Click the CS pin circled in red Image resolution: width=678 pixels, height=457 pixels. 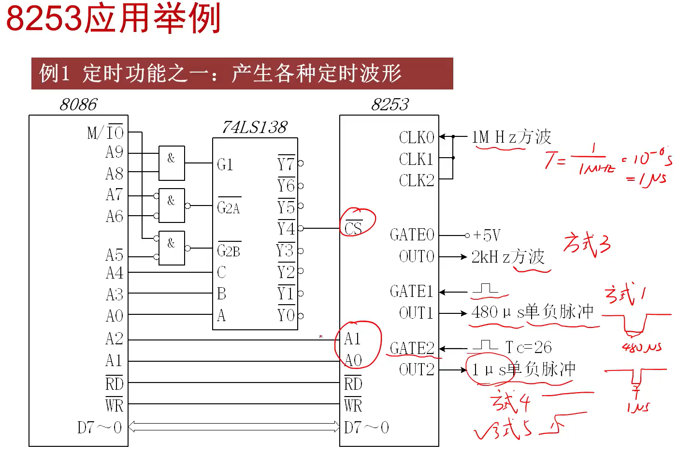coord(353,227)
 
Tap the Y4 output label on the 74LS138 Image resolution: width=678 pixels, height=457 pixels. coord(286,228)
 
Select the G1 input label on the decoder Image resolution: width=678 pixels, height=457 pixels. coord(225,164)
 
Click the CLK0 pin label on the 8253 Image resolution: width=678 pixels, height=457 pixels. coord(417,137)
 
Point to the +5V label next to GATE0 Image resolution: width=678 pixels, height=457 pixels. coord(487,236)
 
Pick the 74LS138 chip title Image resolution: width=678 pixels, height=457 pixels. coord(255,127)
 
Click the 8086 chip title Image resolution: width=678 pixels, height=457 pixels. coord(78,104)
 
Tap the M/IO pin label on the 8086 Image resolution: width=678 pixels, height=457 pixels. coord(105,133)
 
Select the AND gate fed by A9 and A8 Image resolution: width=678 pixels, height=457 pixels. coord(172,163)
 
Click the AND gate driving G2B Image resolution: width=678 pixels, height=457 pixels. coord(172,248)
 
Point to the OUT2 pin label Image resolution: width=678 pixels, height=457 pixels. coord(417,369)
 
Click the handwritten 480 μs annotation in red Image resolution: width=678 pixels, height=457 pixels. coord(641,347)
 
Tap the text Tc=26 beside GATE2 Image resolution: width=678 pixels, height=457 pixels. coord(529,347)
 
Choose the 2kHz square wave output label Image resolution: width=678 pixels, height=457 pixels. coord(508,257)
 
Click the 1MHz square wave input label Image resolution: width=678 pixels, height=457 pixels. coord(511,137)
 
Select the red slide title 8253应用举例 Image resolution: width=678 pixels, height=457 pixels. coord(114,18)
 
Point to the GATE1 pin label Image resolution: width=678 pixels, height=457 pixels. coord(412,291)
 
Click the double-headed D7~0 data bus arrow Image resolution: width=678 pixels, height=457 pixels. coord(234,427)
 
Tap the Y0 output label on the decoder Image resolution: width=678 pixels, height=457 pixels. coord(286,315)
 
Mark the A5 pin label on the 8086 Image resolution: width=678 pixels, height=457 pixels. coord(115,255)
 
